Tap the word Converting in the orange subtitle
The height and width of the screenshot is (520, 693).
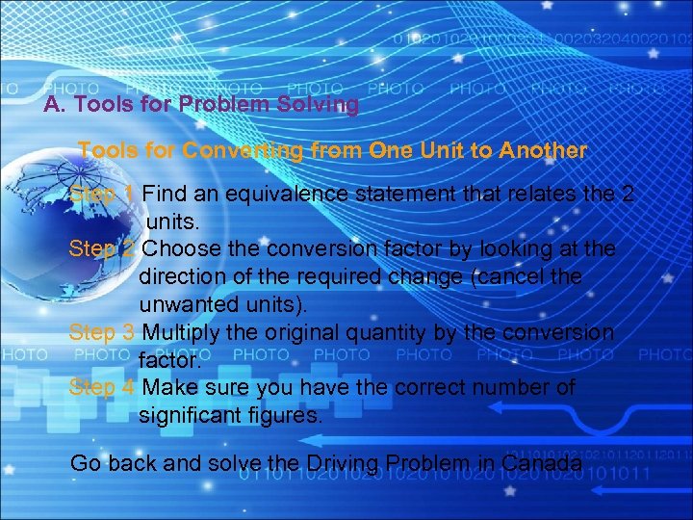(x=241, y=151)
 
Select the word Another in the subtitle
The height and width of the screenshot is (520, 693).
(x=542, y=151)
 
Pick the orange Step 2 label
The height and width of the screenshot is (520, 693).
(x=102, y=249)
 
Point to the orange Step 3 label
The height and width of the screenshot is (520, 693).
(x=102, y=333)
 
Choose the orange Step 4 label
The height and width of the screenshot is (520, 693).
(x=102, y=388)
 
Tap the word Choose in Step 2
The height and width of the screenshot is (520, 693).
(x=182, y=249)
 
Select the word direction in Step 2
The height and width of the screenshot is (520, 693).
(x=182, y=277)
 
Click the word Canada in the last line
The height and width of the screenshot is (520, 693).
(x=542, y=463)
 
